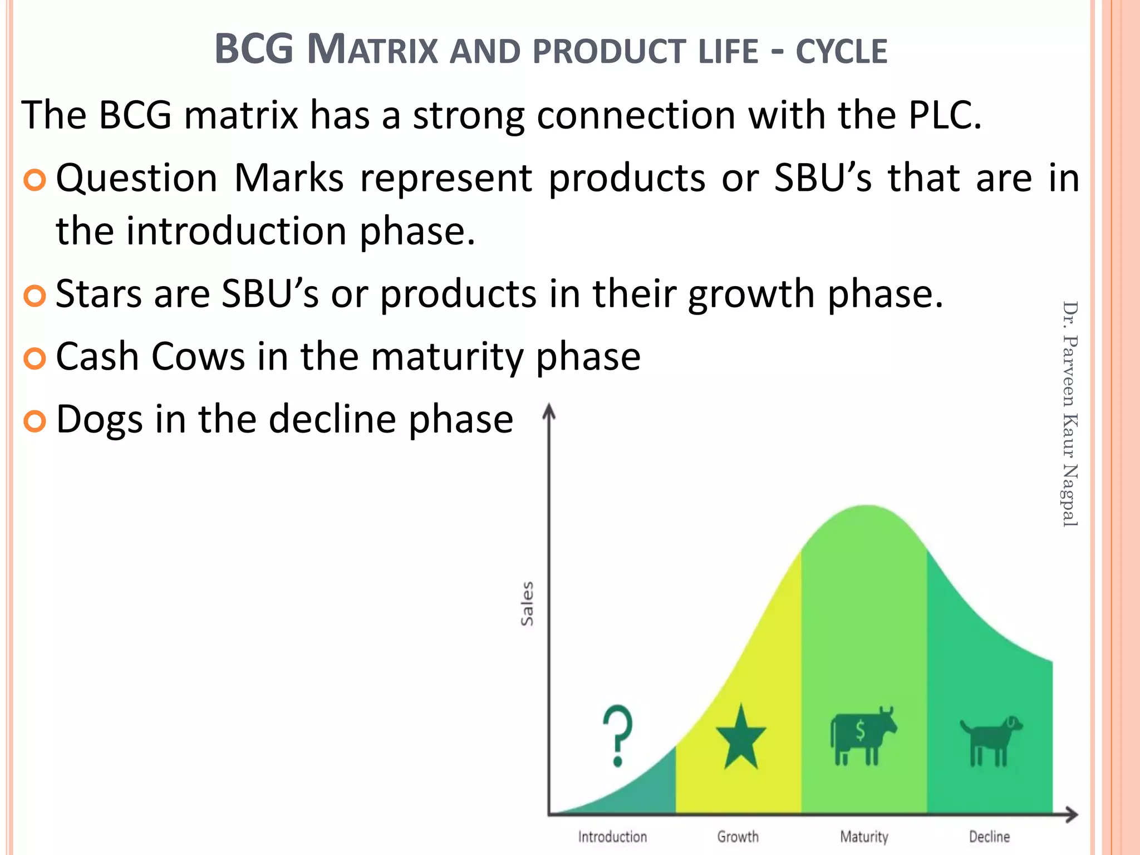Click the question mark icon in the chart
click(618, 736)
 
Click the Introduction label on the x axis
click(612, 837)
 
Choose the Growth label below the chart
click(738, 837)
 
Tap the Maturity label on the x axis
click(864, 837)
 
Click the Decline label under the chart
click(989, 837)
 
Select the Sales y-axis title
click(527, 604)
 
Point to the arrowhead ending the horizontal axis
click(1072, 815)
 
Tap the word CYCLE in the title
click(841, 52)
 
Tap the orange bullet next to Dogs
click(35, 421)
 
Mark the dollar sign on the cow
click(861, 730)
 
